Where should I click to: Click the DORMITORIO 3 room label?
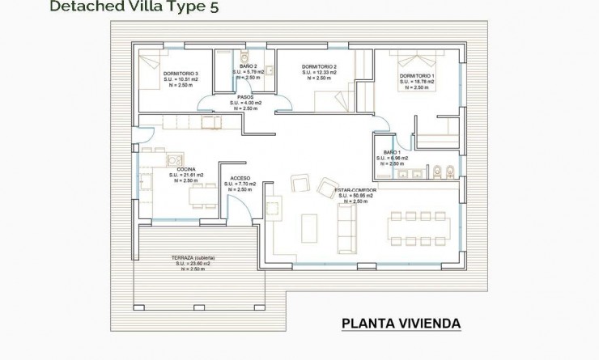pyautogui.click(x=181, y=74)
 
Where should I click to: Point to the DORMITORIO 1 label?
pyautogui.click(x=417, y=76)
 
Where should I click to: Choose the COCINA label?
pyautogui.click(x=186, y=169)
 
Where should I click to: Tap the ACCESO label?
pyautogui.click(x=240, y=178)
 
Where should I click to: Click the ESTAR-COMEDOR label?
pyautogui.click(x=356, y=190)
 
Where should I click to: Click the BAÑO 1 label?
pyautogui.click(x=392, y=152)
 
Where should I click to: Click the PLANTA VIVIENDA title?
pyautogui.click(x=401, y=324)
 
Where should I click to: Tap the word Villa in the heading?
pyautogui.click(x=131, y=7)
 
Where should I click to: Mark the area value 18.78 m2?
pyautogui.click(x=419, y=82)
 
